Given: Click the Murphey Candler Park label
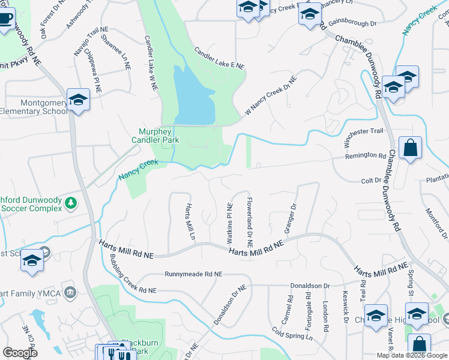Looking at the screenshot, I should coord(159,136).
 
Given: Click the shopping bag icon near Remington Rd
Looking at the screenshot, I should coord(410,148).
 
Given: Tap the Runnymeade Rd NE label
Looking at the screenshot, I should coord(194,274).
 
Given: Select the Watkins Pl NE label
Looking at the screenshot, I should coord(229,223).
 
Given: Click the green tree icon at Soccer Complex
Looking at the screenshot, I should coord(71,203).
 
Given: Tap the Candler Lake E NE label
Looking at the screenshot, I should coord(219,58).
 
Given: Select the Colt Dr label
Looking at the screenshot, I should coord(371,180).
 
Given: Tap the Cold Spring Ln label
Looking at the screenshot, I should coord(292,333).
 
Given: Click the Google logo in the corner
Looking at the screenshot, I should coord(20,353).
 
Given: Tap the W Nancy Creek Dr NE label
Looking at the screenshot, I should coord(271,96).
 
